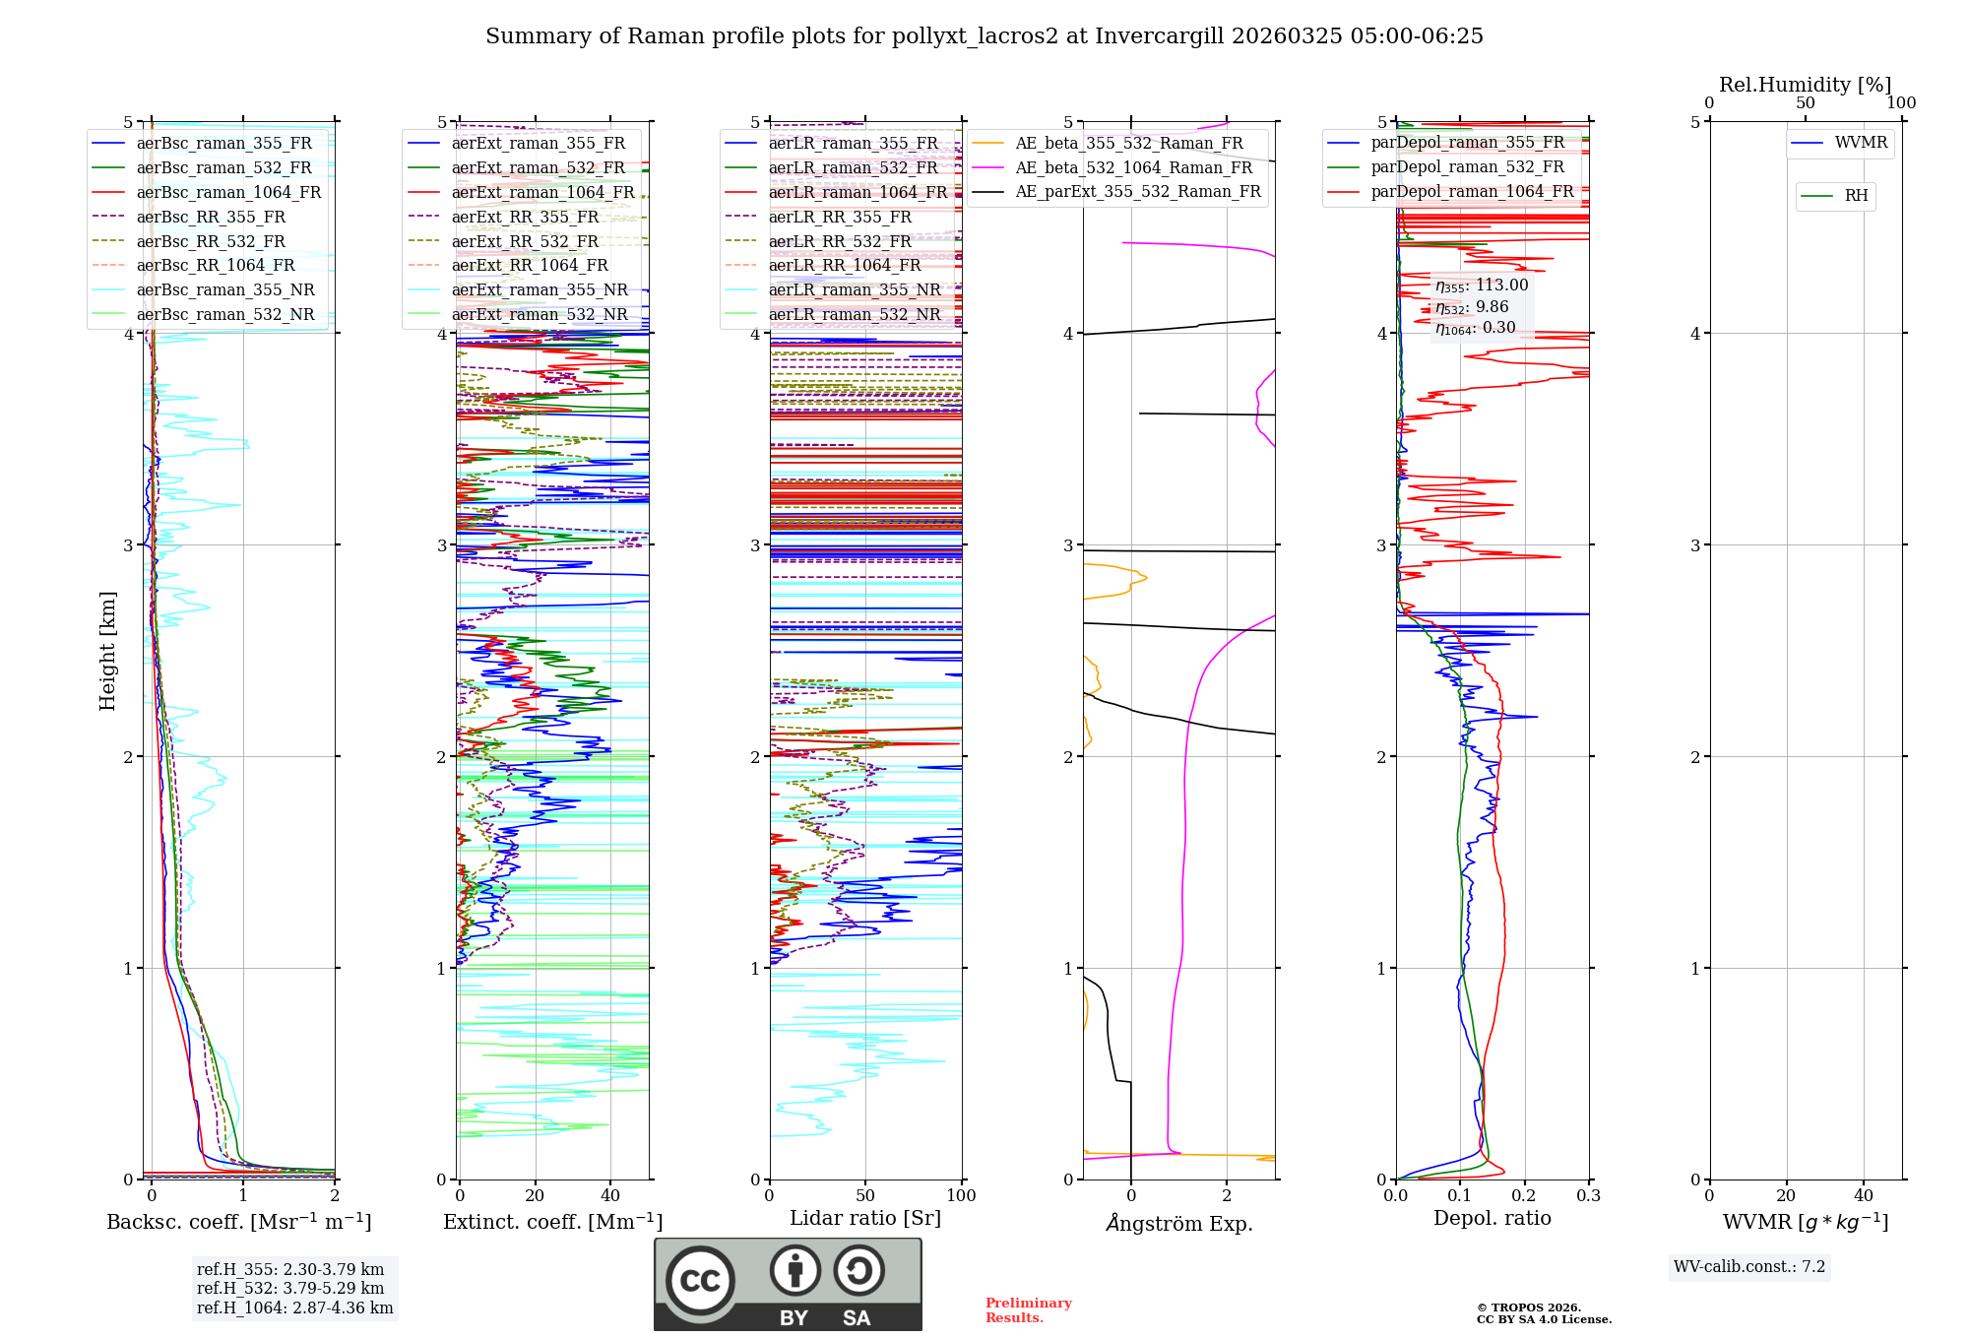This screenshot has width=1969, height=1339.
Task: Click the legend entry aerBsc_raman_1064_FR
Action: [x=228, y=192]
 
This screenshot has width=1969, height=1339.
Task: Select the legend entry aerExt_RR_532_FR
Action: [x=525, y=241]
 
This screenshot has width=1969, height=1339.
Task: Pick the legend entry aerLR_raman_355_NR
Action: [x=855, y=289]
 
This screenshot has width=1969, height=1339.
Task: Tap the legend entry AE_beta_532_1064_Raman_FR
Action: [x=1133, y=167]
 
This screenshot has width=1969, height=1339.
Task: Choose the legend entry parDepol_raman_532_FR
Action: [x=1467, y=167]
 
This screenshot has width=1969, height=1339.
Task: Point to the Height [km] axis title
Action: [x=107, y=650]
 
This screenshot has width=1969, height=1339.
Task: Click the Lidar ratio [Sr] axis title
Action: [x=865, y=1218]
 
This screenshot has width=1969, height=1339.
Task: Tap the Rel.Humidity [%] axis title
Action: [x=1805, y=85]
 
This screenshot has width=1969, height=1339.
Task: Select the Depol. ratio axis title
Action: [x=1492, y=1218]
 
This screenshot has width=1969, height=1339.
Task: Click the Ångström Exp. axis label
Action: [x=1179, y=1224]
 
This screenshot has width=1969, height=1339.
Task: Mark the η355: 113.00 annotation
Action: [x=1482, y=286]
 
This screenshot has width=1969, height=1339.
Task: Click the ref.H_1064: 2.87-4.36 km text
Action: [x=294, y=1308]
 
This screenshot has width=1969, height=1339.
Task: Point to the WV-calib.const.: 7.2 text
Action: [x=1749, y=1267]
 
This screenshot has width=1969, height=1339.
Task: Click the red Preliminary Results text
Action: [x=1028, y=1310]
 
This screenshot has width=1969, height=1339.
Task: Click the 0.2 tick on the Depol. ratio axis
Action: [x=1524, y=1196]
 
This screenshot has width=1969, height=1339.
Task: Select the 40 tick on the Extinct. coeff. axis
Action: [x=610, y=1196]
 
